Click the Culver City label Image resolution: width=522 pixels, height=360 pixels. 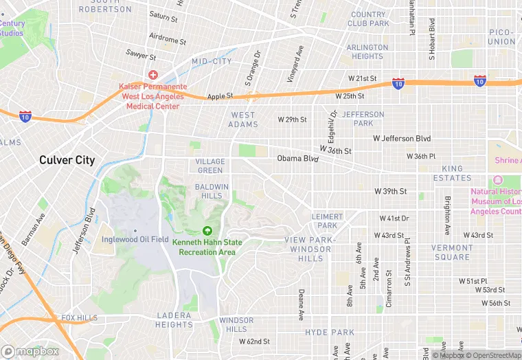coord(67,160)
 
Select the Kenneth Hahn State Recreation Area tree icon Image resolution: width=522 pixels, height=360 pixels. coord(207,232)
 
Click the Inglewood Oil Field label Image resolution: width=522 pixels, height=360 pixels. coord(135,239)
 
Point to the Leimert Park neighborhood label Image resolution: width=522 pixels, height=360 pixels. coord(328,221)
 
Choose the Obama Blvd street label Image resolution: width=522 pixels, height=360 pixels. coord(298,159)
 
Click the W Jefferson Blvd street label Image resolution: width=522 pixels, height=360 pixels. coord(402,139)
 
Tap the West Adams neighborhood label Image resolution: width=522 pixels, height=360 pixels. coord(243,120)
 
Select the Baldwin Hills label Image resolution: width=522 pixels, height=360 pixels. coord(212,191)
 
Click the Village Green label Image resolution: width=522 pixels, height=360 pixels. coord(210,166)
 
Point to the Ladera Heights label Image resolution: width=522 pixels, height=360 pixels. coord(174,320)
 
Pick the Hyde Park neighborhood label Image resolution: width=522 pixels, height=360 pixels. coord(330,332)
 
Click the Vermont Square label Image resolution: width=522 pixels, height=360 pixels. coord(451,252)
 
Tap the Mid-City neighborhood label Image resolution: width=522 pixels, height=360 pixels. coord(212,62)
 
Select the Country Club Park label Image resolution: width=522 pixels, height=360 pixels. coord(368,19)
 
